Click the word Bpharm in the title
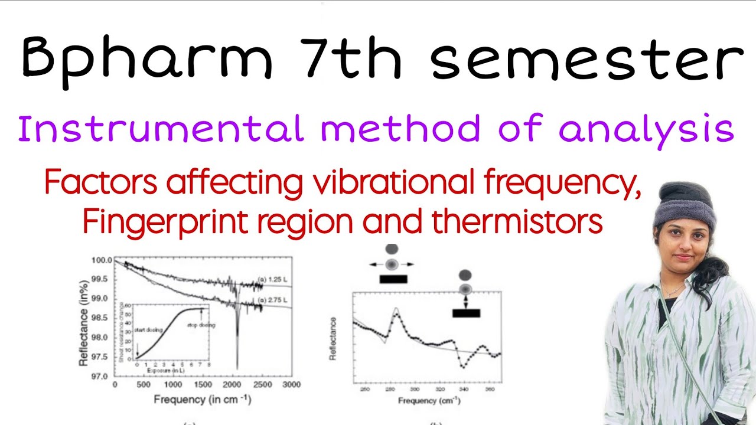click(148, 57)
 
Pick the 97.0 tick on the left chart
click(102, 376)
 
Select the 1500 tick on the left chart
click(203, 385)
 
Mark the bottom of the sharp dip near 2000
click(237, 368)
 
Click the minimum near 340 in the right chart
click(463, 367)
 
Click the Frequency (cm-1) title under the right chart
click(429, 401)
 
